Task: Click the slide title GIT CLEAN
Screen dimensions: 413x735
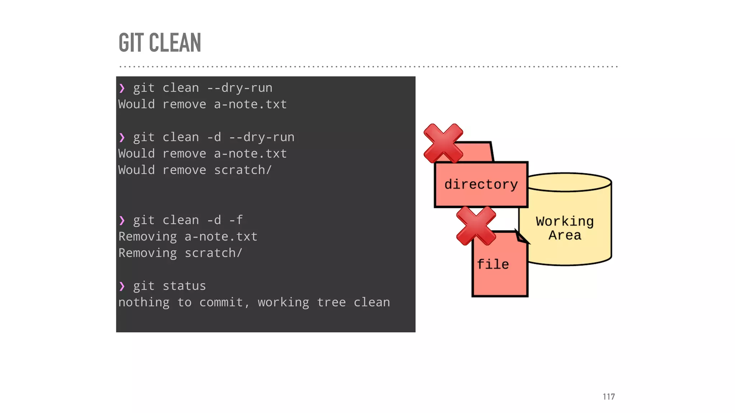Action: click(160, 43)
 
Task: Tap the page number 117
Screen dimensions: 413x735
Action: click(609, 397)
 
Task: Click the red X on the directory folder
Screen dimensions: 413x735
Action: click(443, 143)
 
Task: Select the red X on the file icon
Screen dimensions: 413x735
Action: click(476, 226)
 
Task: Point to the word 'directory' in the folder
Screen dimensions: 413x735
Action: click(481, 185)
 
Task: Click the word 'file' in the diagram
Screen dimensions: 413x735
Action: click(493, 265)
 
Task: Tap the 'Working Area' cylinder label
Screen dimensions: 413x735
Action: click(565, 228)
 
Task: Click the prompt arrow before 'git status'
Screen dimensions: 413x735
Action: click(122, 286)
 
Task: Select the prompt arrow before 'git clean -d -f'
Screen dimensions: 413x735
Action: click(122, 220)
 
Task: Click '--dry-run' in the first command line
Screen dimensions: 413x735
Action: click(240, 88)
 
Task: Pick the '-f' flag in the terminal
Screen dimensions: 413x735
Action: click(236, 220)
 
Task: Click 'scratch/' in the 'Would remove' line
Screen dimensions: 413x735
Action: click(243, 170)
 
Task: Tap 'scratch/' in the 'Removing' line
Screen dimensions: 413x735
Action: click(214, 253)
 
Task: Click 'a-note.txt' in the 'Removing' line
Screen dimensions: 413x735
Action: click(221, 237)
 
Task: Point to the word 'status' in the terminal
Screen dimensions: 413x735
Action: click(184, 286)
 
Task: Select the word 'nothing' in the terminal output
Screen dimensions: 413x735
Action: click(144, 303)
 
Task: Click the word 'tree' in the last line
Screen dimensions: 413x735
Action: click(331, 303)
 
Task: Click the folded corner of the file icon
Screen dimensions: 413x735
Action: click(521, 237)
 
